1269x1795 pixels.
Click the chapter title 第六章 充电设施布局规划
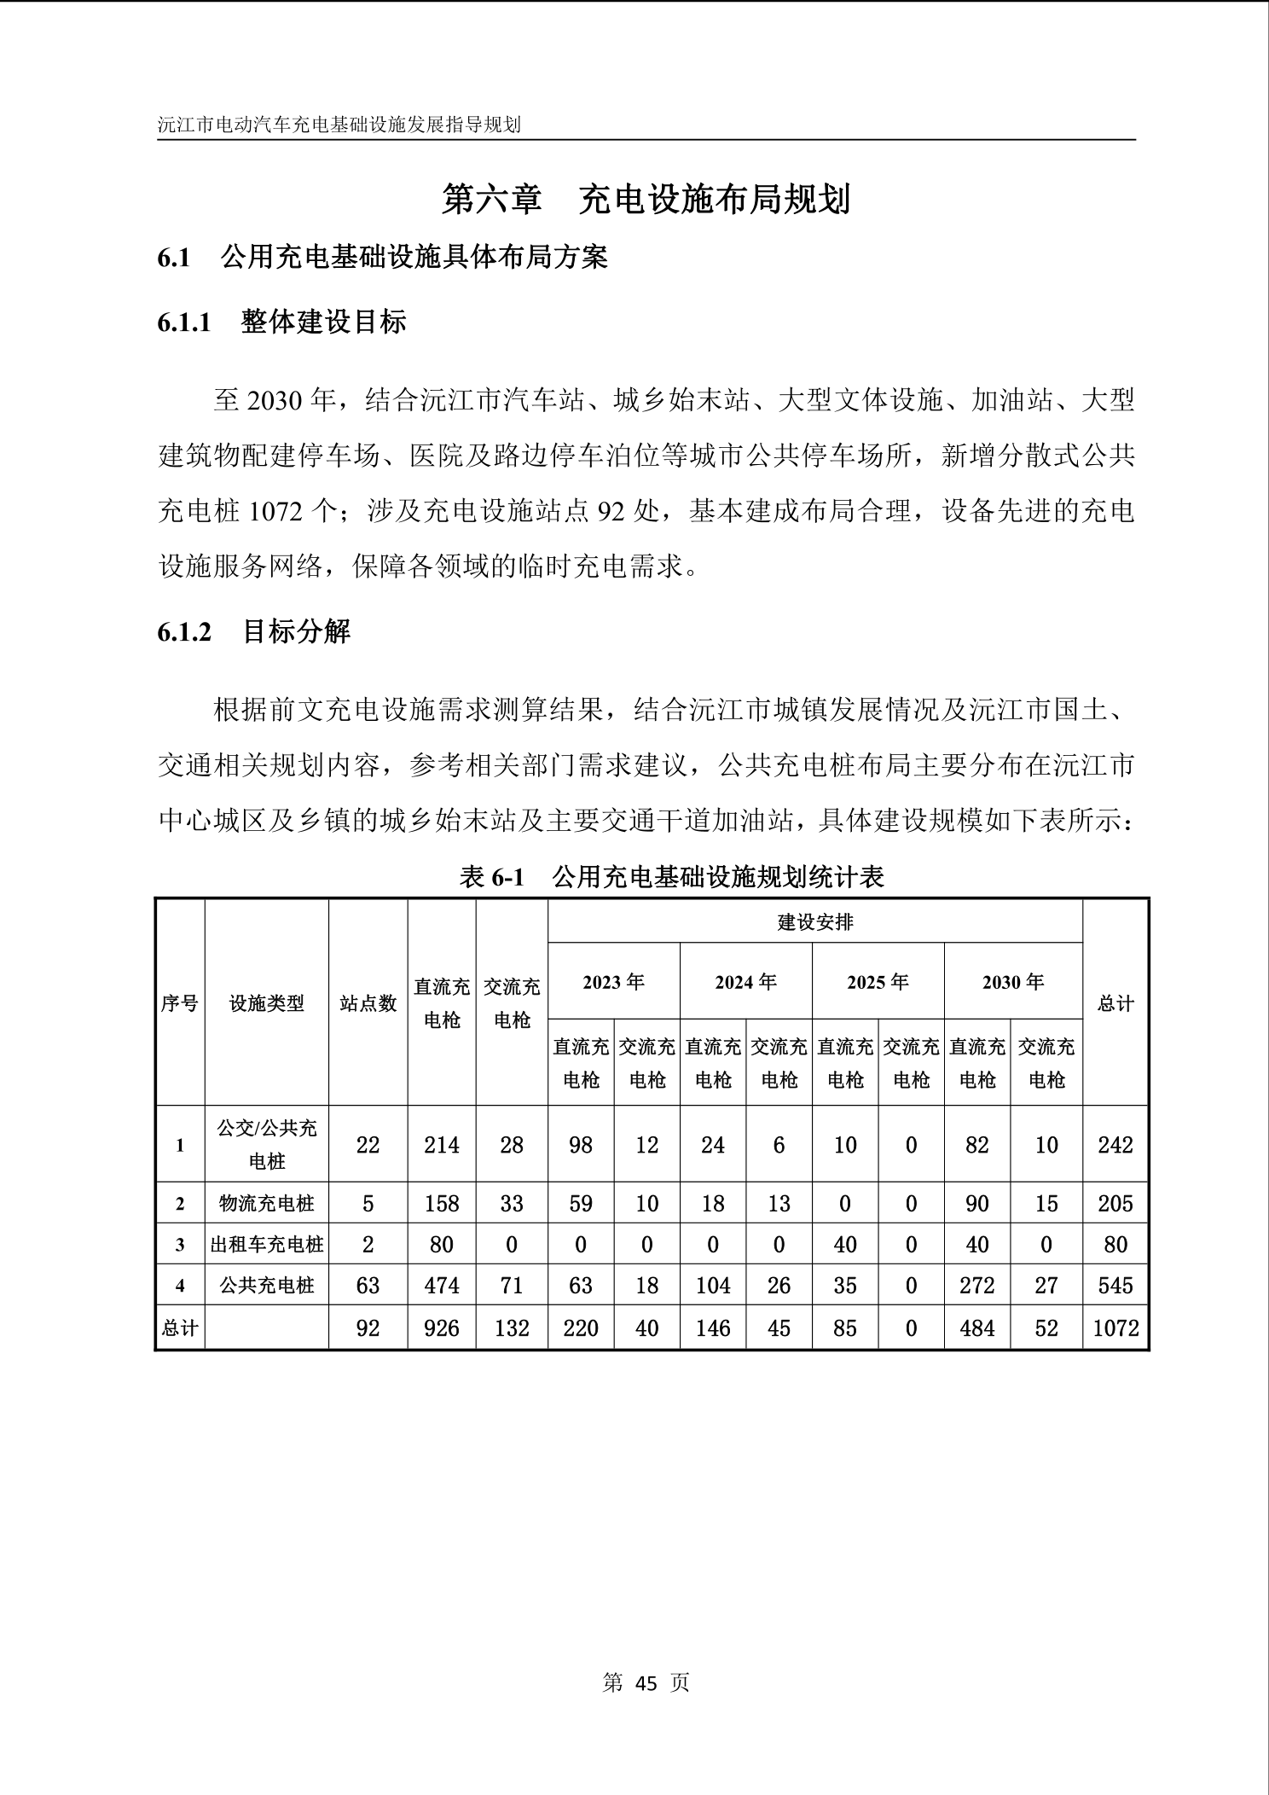646,200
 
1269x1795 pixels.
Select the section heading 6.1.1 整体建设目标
281,322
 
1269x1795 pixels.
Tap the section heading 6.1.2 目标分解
254,632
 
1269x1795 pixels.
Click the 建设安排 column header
814,922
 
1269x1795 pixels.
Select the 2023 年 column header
613,982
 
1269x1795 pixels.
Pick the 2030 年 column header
1012,982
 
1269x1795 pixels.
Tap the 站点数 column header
368,1003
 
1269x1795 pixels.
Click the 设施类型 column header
266,1003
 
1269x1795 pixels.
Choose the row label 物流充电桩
266,1203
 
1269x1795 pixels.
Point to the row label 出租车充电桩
266,1245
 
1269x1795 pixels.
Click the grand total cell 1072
1115,1328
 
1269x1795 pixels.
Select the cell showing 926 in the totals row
442,1328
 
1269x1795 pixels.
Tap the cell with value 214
442,1145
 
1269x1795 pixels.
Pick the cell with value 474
442,1286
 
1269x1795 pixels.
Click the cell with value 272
976,1286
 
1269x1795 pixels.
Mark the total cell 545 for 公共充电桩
1115,1286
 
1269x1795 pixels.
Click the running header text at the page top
339,125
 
